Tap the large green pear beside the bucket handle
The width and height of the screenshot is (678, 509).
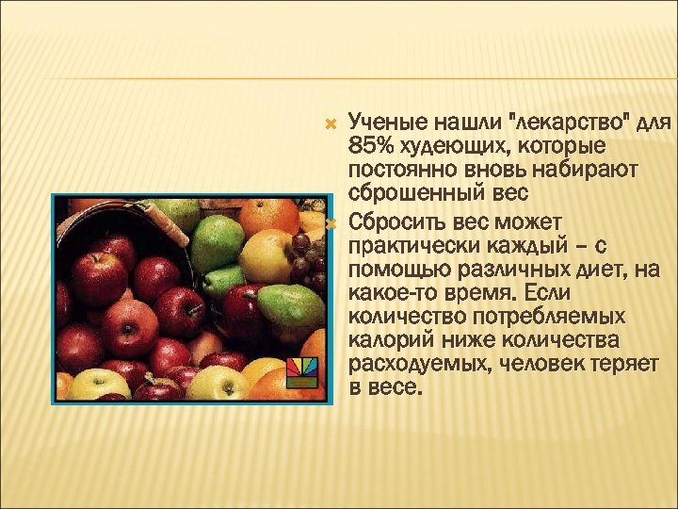tap(217, 243)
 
